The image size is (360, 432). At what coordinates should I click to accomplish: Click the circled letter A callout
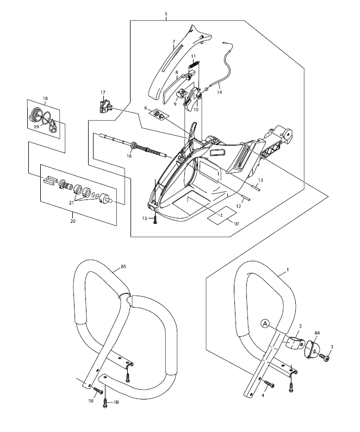coord(265,324)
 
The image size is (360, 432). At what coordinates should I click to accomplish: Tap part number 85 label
coord(124,267)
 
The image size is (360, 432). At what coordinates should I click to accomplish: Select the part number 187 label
coord(236,224)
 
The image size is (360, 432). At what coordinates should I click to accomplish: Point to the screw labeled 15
coord(155,220)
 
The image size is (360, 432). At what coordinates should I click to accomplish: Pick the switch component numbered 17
coord(104,107)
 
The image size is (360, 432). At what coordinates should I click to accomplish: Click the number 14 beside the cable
coord(219,92)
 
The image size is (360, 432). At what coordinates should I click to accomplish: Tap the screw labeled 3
coord(325,359)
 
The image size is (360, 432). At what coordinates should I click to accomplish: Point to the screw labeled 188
coord(105,403)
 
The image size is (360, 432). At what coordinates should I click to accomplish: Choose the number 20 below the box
coord(73,221)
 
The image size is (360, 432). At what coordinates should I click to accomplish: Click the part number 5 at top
coord(166,14)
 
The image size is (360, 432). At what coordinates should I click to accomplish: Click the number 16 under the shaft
coord(129,156)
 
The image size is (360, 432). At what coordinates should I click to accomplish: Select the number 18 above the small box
coord(45,98)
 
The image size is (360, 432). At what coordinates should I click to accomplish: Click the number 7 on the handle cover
coord(173,42)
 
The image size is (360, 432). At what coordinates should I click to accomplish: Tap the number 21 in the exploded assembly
coord(71,203)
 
